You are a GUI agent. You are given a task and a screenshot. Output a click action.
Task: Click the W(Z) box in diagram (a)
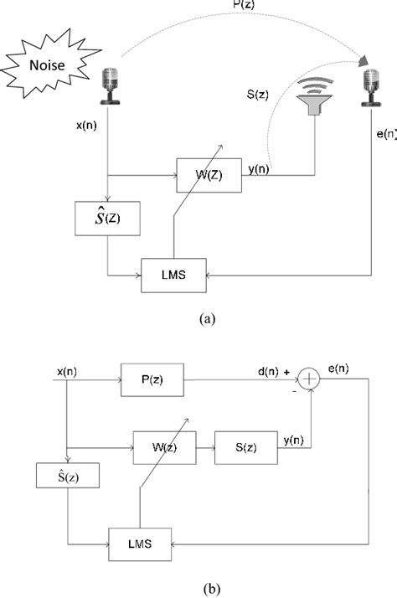tap(204, 175)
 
